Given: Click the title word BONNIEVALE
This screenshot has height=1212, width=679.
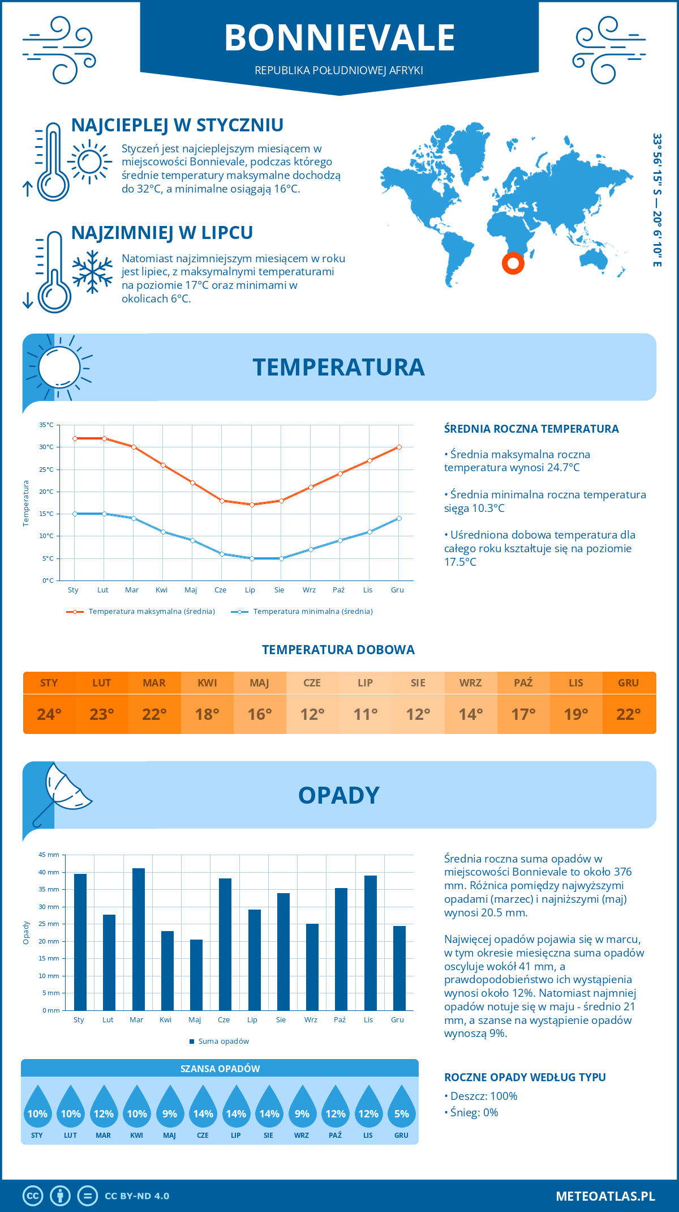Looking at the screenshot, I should point(339,38).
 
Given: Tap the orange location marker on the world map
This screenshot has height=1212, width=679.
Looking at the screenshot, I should point(513,263).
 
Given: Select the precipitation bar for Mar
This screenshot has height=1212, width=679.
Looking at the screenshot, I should point(139,939).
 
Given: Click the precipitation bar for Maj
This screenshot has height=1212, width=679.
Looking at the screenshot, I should point(196,975).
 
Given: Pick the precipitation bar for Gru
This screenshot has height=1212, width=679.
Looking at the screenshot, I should point(399,968).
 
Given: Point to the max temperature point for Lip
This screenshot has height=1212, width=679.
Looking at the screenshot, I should point(252,505).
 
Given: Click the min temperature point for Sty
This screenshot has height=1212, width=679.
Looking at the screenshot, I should point(75,514).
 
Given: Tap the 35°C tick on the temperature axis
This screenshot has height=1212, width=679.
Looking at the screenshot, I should point(46,425).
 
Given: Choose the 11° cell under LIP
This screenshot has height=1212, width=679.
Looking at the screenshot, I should point(365,714).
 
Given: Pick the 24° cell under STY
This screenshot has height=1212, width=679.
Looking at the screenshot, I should point(49,714).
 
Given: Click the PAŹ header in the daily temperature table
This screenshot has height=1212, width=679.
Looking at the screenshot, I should point(523,683).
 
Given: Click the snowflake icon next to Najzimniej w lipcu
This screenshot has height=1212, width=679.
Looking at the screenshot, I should point(92,272).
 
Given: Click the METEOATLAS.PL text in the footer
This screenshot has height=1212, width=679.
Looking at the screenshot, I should point(605,1196).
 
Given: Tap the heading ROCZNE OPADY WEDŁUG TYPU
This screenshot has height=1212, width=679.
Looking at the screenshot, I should point(525,1077).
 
